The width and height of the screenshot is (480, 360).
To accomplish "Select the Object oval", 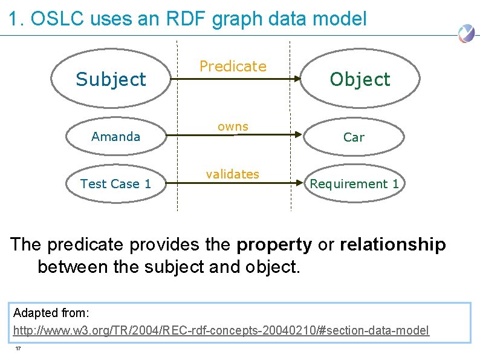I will tap(360, 79).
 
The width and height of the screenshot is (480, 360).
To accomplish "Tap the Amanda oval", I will tap(115, 137).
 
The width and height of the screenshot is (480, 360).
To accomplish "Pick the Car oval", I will tap(354, 137).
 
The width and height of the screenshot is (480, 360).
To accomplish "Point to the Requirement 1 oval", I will tap(354, 184).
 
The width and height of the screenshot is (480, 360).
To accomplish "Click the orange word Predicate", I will tap(233, 66).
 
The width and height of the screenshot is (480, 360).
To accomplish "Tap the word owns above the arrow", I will tap(233, 126).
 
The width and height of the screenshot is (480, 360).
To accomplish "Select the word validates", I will tap(232, 174).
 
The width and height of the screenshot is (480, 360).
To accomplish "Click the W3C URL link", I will tap(221, 330).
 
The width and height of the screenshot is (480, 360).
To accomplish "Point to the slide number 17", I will tap(19, 349).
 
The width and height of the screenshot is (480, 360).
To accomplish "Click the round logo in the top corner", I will tap(465, 33).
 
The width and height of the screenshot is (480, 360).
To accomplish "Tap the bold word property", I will tap(274, 244).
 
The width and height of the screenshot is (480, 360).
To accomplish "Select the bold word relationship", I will tap(393, 244).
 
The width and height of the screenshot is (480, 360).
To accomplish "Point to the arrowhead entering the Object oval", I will tap(299, 79).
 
